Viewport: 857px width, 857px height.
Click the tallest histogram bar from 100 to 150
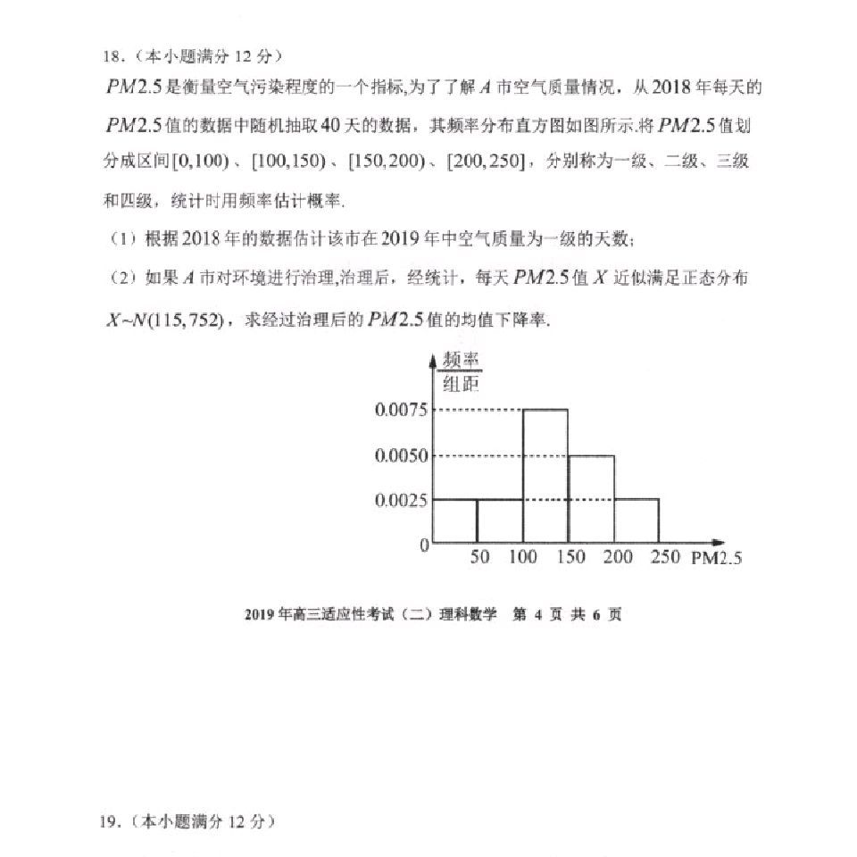click(x=545, y=475)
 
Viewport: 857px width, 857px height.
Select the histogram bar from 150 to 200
click(x=591, y=498)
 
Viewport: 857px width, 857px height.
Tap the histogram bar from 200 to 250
click(x=636, y=520)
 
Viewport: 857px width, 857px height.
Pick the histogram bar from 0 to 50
click(x=454, y=520)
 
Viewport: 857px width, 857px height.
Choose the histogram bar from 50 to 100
click(x=500, y=520)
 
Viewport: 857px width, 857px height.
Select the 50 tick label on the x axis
click(x=479, y=557)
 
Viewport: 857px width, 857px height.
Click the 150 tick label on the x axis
click(x=570, y=557)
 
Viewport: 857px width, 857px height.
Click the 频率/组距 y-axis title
click(x=461, y=372)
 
